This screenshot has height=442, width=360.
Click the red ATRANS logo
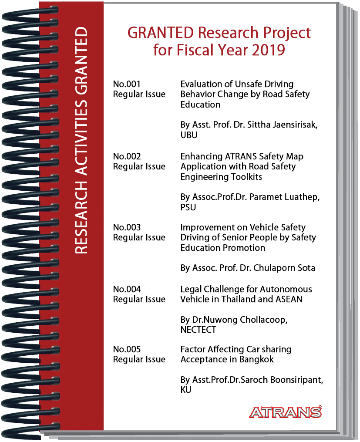pos(286,412)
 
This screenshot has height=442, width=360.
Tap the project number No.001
pos(127,84)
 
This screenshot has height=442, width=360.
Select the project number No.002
pos(127,156)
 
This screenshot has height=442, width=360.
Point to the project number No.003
pos(127,227)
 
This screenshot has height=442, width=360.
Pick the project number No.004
pos(127,289)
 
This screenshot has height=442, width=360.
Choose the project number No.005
pos(127,349)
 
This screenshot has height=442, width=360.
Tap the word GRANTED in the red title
pos(154,33)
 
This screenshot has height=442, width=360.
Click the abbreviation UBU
pos(189,135)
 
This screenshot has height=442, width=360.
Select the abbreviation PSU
pos(188,207)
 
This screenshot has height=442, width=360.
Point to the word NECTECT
pos(198,330)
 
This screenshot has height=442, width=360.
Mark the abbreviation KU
pos(186,390)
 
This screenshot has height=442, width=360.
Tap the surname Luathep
pos(303,197)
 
